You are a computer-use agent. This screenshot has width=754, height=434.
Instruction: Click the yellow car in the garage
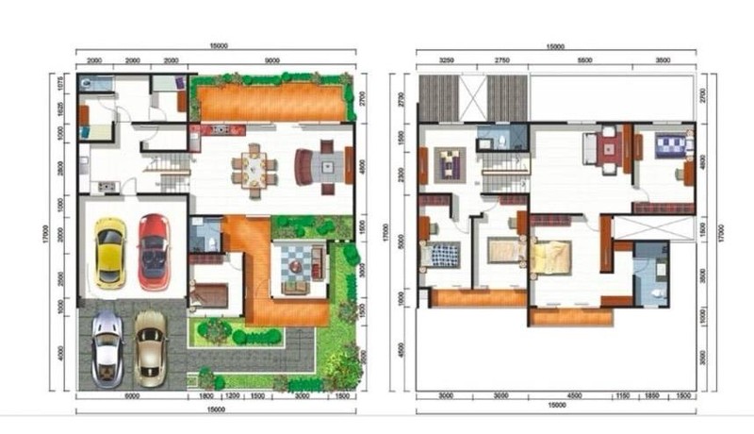[110, 253]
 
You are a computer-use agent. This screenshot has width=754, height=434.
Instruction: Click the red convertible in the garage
[154, 251]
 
